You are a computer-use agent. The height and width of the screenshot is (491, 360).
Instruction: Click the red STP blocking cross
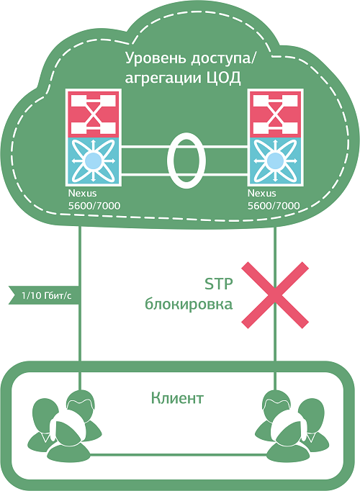click(x=275, y=296)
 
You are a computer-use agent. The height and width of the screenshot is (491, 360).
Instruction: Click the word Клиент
click(x=177, y=397)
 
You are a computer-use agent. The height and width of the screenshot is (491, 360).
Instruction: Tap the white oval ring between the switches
click(x=184, y=158)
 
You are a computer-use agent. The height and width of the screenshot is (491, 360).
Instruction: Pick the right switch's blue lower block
click(x=275, y=160)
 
